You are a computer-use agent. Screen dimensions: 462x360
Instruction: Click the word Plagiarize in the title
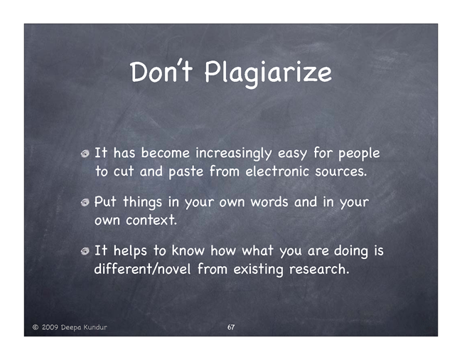click(x=268, y=73)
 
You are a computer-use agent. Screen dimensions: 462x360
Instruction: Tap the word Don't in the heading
click(x=161, y=71)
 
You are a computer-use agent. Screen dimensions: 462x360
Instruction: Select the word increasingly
click(x=234, y=154)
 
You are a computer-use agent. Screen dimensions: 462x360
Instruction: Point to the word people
click(x=359, y=154)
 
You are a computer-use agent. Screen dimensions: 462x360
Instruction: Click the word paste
click(x=186, y=172)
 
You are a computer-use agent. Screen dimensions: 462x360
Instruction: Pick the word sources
click(x=341, y=171)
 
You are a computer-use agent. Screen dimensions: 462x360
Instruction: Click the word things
click(x=143, y=203)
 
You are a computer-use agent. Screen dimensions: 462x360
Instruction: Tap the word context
click(x=151, y=221)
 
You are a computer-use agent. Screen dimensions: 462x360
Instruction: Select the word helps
click(x=130, y=251)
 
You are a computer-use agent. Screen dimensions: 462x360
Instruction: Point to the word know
click(x=188, y=250)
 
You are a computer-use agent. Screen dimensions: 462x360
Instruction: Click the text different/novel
click(x=142, y=269)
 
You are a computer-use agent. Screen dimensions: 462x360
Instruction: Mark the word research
click(x=319, y=269)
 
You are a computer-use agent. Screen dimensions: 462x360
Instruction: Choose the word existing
click(x=258, y=270)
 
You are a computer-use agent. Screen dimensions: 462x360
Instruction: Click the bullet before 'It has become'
click(x=85, y=154)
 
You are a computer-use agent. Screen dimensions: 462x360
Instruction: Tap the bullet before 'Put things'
click(x=85, y=202)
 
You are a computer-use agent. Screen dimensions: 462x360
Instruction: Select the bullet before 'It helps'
click(x=85, y=251)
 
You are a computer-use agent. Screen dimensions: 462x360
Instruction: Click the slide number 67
click(x=231, y=327)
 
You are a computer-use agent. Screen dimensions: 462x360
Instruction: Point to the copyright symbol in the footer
click(x=36, y=327)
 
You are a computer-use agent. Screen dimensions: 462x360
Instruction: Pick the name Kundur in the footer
click(x=95, y=327)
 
